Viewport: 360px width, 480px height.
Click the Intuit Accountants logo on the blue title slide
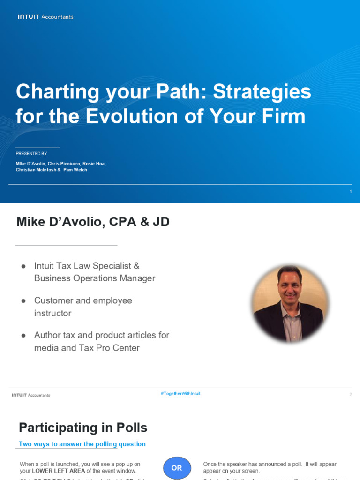tap(45, 17)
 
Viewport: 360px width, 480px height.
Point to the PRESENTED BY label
tap(31, 154)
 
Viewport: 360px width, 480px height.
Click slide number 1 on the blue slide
tap(350, 191)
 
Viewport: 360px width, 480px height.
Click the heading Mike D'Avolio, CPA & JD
tap(93, 222)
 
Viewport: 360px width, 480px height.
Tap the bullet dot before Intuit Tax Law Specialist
tap(23, 266)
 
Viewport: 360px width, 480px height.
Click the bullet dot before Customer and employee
tap(23, 300)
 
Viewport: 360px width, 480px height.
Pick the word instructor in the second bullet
tap(52, 313)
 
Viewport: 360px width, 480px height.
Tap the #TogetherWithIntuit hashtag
tap(180, 394)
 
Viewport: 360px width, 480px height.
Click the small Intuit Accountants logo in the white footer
tap(31, 395)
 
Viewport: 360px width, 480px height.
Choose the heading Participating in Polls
tap(83, 427)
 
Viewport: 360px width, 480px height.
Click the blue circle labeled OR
tap(177, 468)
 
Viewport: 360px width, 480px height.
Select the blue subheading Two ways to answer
tap(82, 444)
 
